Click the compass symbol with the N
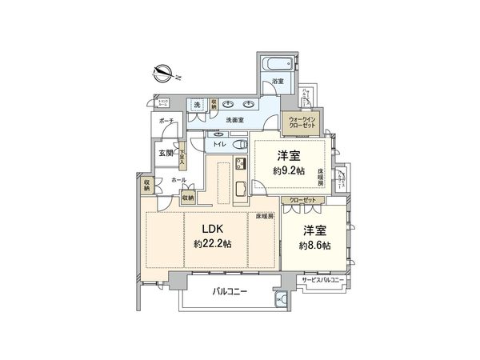tap(163, 74)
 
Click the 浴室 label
tap(278, 82)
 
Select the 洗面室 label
tap(234, 119)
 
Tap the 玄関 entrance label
tap(165, 153)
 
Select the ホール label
tap(179, 182)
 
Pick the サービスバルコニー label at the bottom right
tap(322, 280)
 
